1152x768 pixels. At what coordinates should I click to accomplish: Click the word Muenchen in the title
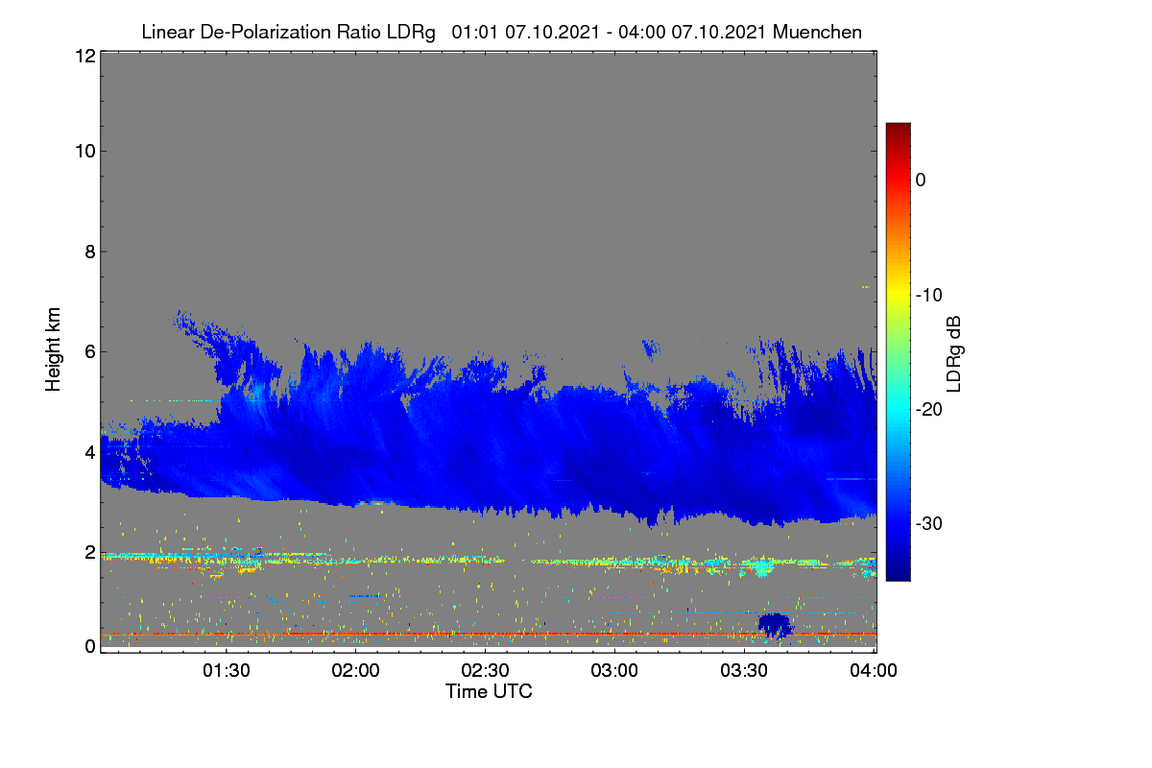(x=817, y=32)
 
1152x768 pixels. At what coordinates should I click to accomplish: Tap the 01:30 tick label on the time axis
(x=227, y=670)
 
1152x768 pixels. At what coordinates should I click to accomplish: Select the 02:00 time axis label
(x=355, y=670)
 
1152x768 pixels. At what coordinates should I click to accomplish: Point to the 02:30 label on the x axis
(x=485, y=670)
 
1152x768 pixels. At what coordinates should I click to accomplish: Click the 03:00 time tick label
(x=614, y=670)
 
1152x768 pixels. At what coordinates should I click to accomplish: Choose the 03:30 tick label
(x=744, y=670)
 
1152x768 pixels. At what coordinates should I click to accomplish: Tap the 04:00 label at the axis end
(x=874, y=670)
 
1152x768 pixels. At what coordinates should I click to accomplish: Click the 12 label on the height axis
(x=85, y=56)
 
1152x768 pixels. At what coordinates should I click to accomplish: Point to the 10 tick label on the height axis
(x=85, y=152)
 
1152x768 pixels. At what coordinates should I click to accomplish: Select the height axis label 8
(x=90, y=252)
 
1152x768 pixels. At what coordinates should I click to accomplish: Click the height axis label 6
(x=90, y=352)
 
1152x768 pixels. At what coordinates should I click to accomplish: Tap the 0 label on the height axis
(x=90, y=647)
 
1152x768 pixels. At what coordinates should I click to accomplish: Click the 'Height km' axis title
(x=53, y=349)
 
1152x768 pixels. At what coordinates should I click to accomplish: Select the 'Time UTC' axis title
(x=489, y=691)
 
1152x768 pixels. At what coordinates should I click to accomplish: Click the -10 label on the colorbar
(x=929, y=296)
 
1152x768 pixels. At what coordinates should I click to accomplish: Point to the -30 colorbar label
(x=929, y=523)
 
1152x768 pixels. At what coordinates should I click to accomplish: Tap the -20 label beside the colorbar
(x=929, y=410)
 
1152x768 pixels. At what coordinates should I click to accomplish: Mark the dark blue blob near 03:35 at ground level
(x=775, y=626)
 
